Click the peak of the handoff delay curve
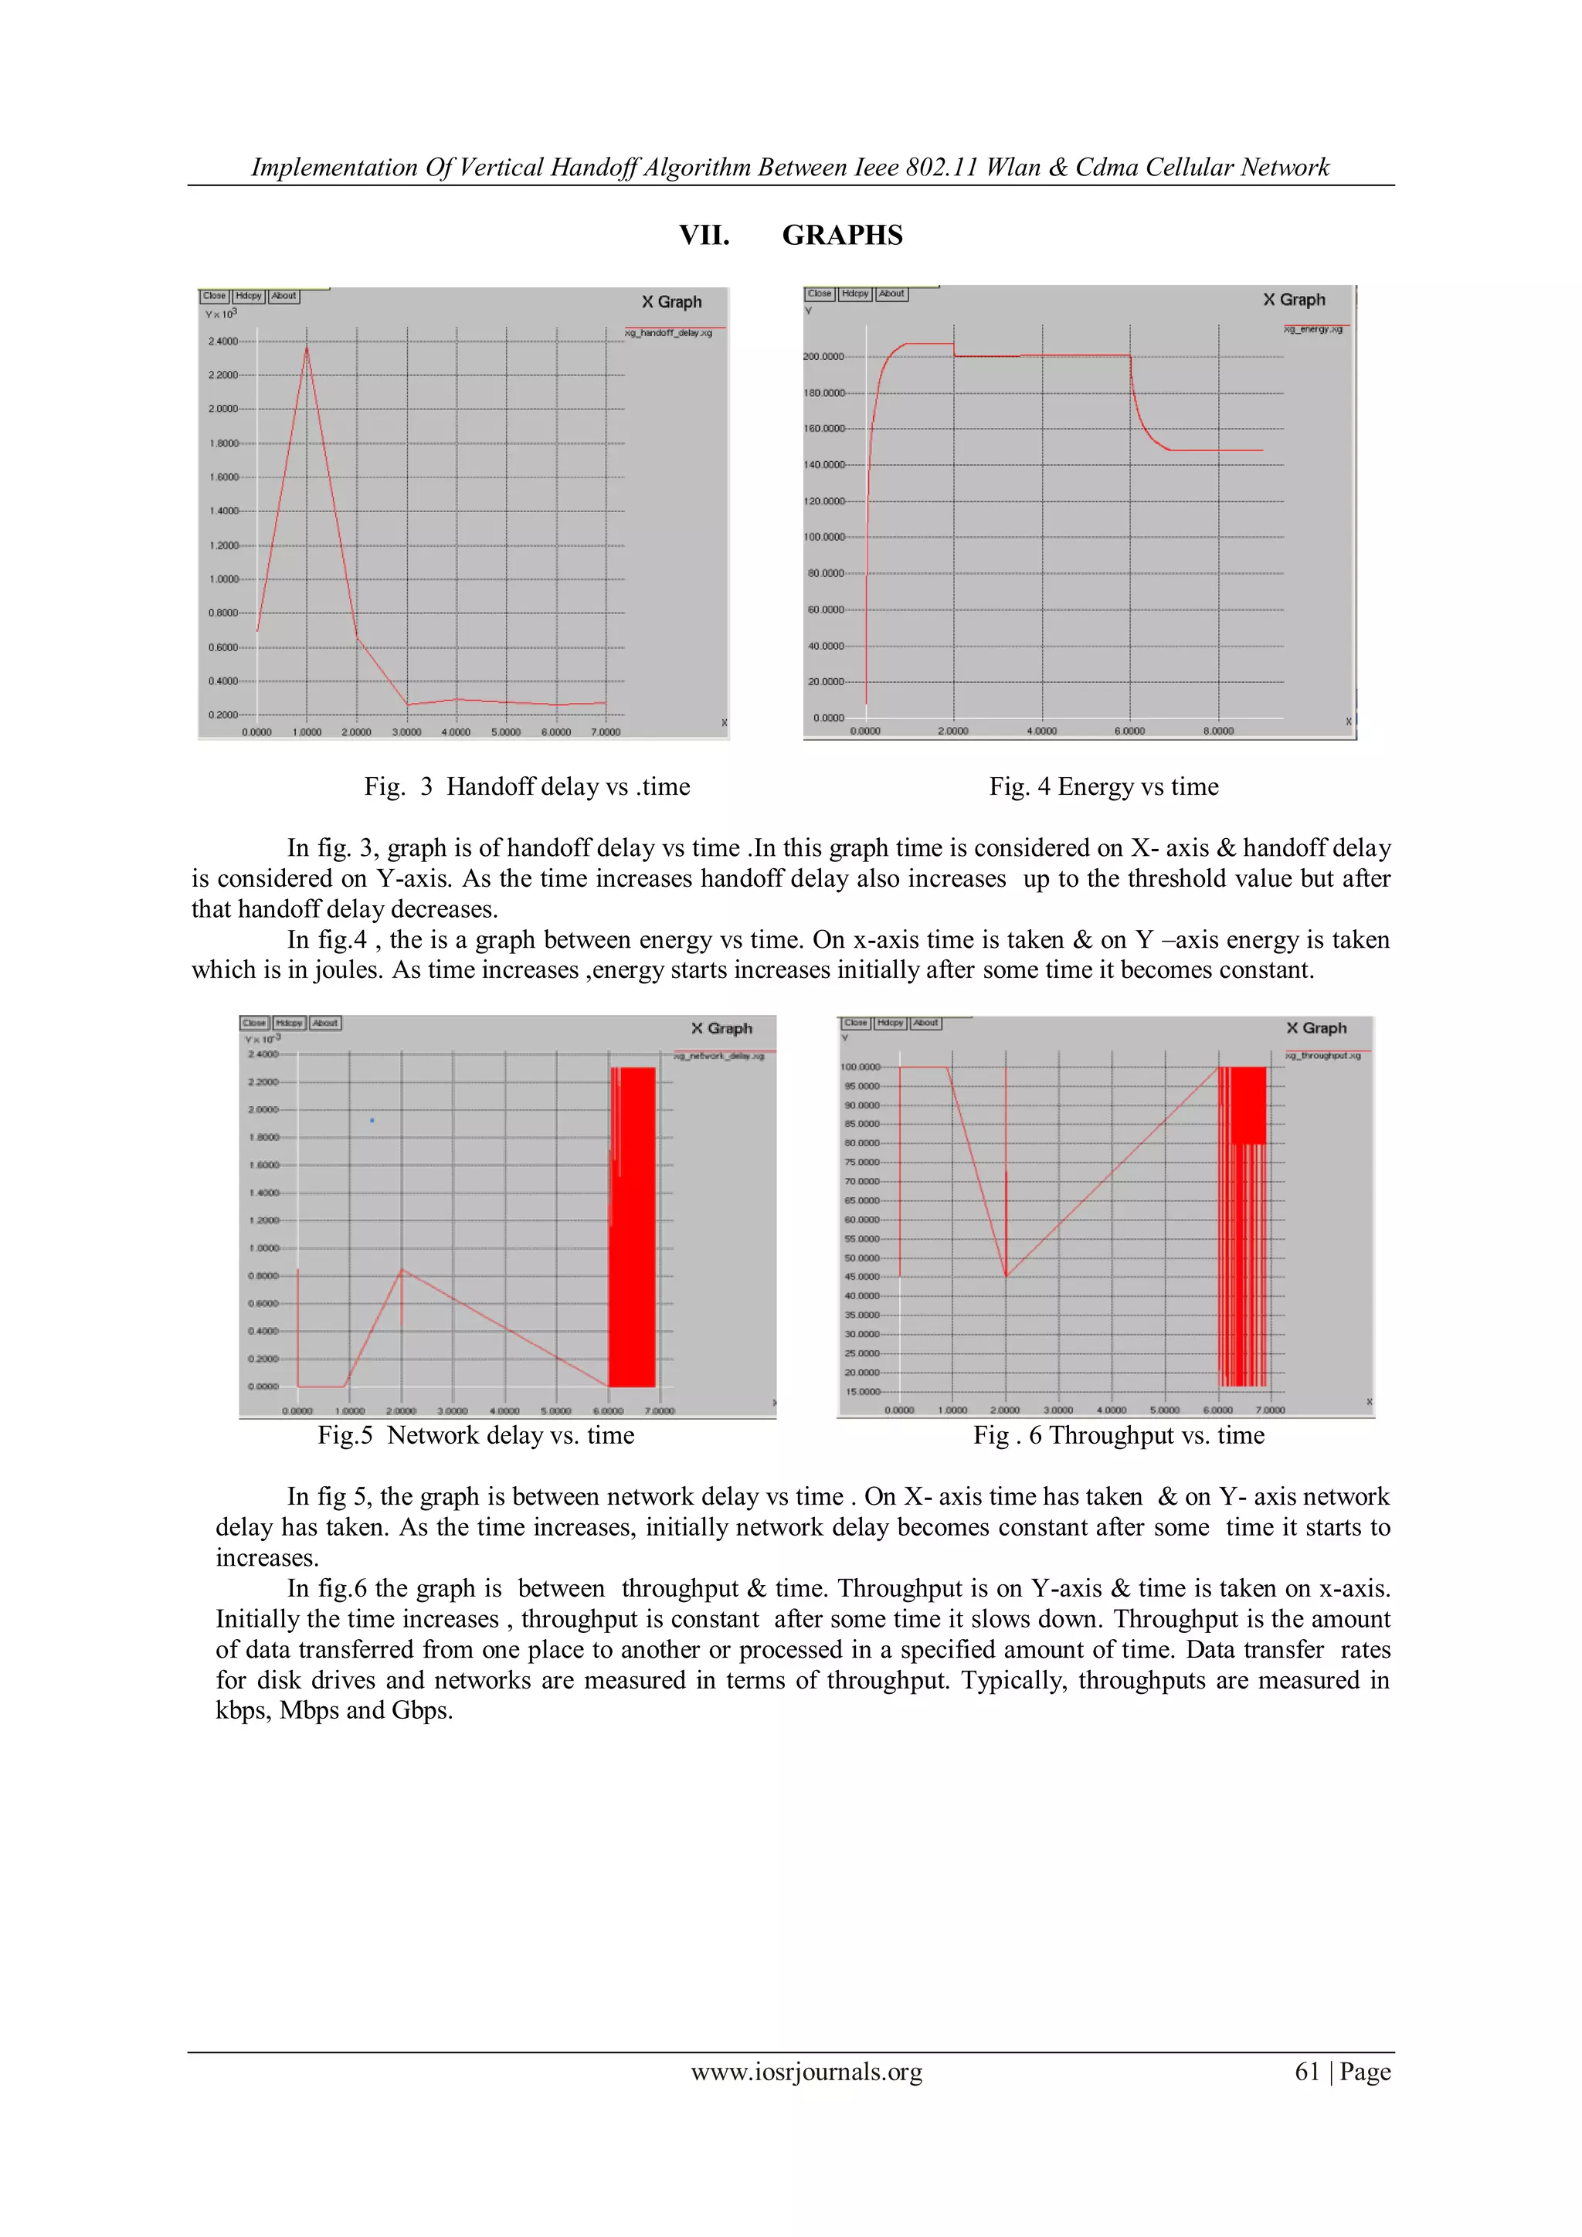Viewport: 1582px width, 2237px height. tap(307, 348)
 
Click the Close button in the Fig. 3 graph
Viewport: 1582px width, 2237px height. tap(214, 296)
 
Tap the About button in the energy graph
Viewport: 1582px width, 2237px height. tap(891, 294)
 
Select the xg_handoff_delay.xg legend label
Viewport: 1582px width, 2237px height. tap(668, 333)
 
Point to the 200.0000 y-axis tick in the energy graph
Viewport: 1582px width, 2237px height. tap(823, 357)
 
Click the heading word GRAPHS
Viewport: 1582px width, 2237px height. tap(842, 235)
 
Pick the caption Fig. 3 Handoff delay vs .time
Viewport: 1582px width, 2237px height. tap(527, 786)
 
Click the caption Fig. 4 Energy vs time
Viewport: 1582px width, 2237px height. tap(1104, 786)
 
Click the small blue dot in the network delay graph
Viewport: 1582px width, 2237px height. tap(372, 1121)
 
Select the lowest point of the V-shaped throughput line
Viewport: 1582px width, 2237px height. tap(1007, 1275)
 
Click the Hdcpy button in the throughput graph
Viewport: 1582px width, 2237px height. tap(891, 1023)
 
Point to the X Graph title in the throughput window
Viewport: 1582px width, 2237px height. tap(1316, 1028)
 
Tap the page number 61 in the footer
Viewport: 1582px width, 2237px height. tap(1307, 2072)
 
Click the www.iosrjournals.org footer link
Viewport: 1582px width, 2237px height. tap(806, 2072)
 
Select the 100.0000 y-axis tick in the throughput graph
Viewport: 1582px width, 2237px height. tap(861, 1067)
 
